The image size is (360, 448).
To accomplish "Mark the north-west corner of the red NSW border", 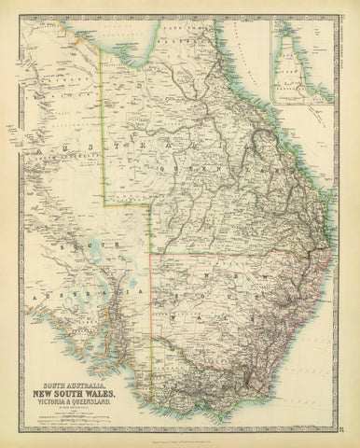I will point(152,250).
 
